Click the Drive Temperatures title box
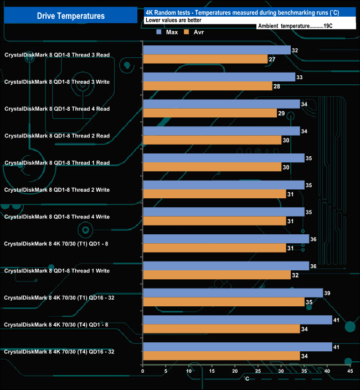click(x=70, y=16)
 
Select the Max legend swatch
click(x=159, y=32)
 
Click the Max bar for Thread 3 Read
click(x=217, y=50)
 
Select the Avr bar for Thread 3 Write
click(x=207, y=86)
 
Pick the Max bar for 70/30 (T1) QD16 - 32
click(x=233, y=293)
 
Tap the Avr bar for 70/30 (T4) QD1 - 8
click(x=221, y=329)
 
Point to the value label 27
click(x=272, y=59)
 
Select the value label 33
click(x=300, y=77)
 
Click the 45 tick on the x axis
click(x=349, y=371)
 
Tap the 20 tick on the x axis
click(x=234, y=371)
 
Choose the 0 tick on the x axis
click(x=143, y=371)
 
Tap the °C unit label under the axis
click(x=247, y=378)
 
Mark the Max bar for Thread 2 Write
click(x=224, y=185)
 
